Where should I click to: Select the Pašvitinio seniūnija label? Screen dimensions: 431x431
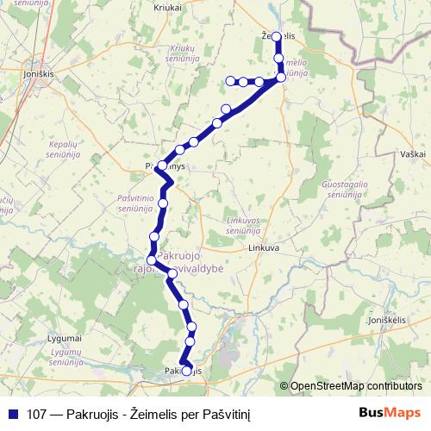pyautogui.click(x=135, y=203)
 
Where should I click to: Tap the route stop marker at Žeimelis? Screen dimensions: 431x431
pyautogui.click(x=277, y=37)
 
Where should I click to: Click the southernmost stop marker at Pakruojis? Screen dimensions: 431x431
pyautogui.click(x=187, y=371)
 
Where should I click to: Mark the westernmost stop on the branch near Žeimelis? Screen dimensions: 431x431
pyautogui.click(x=230, y=81)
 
